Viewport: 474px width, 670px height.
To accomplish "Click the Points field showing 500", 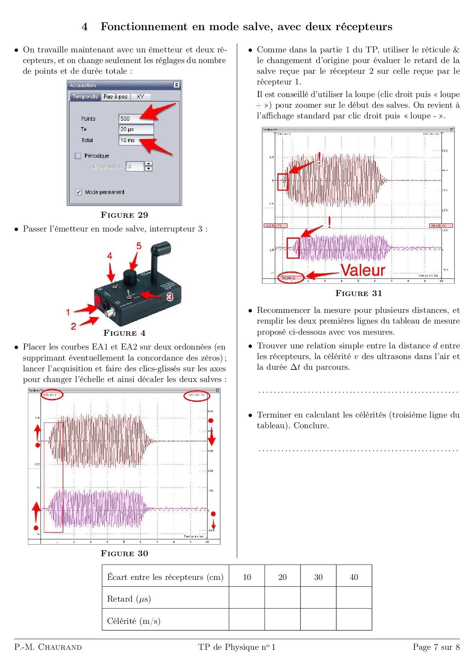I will [x=136, y=118].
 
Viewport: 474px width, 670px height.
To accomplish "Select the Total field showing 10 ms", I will [x=136, y=140].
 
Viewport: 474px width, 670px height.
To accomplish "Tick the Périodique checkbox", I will [x=78, y=156].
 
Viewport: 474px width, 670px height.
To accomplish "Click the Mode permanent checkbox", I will [x=78, y=192].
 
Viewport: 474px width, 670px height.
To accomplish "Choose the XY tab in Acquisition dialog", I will [x=141, y=97].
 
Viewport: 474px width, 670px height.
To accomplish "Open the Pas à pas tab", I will [x=115, y=97].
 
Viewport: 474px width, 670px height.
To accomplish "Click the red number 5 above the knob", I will [x=139, y=246].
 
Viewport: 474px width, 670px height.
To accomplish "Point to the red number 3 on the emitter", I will [x=170, y=296].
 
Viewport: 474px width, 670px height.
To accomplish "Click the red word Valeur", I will [x=363, y=270].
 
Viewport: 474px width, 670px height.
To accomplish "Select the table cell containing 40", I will [x=354, y=577].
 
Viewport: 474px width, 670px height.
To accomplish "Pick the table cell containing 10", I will [x=247, y=577].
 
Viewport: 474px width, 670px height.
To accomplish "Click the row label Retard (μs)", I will [x=129, y=599].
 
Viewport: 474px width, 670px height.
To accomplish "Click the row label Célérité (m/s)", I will [x=134, y=621].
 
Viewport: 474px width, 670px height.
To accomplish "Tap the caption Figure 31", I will [x=359, y=293].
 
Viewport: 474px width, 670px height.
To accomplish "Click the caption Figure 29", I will [x=124, y=215].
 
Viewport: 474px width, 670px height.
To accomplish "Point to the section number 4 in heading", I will [x=84, y=27].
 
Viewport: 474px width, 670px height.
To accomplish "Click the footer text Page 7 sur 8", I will [x=436, y=647].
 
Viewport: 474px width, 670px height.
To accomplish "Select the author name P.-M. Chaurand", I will [x=48, y=647].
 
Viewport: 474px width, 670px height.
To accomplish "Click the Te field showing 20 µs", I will [x=136, y=129].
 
